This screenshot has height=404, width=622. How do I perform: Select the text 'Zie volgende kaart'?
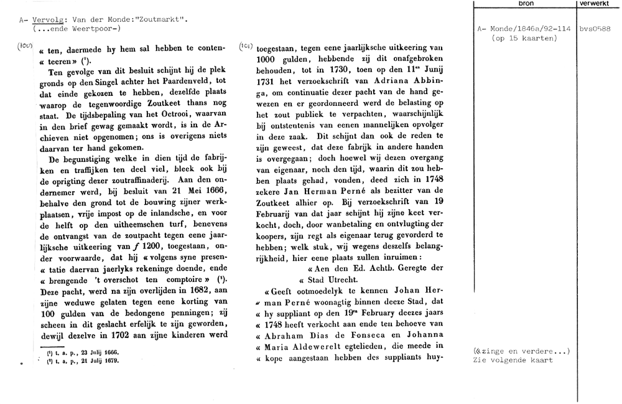click(x=513, y=360)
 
